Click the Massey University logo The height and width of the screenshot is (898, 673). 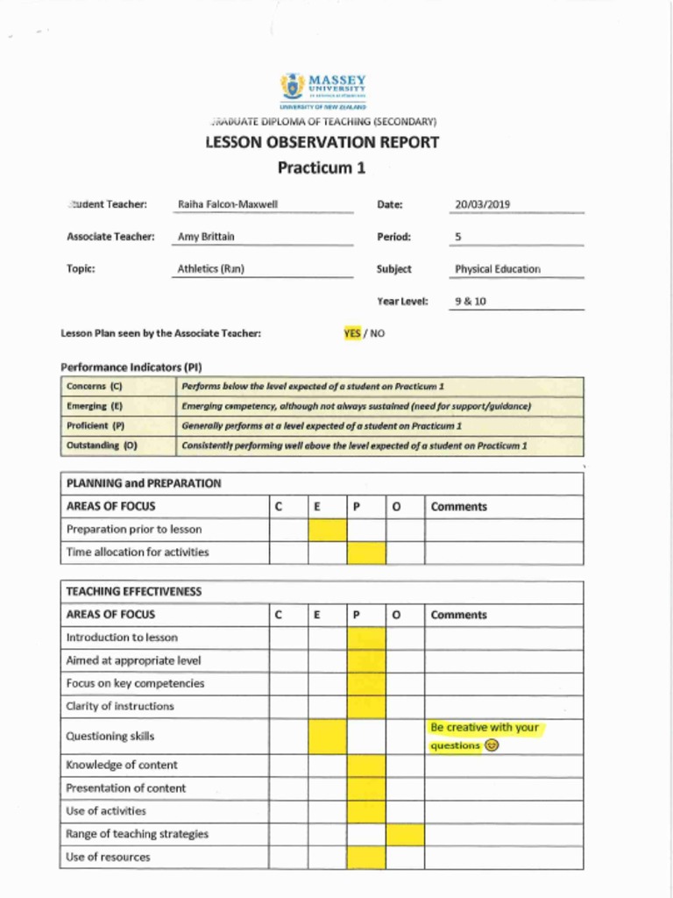point(323,89)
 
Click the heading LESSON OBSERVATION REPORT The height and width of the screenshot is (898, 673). point(322,142)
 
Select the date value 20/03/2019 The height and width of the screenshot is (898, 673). point(482,205)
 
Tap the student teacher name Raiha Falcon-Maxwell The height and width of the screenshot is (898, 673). point(227,204)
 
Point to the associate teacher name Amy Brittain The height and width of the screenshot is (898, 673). point(206,237)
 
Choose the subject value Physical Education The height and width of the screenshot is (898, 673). point(497,269)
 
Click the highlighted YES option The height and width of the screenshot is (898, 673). point(352,333)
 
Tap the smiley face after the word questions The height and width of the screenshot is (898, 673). point(492,746)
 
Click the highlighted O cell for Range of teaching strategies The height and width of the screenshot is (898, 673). point(405,834)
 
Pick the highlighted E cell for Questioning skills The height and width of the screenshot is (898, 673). point(328,737)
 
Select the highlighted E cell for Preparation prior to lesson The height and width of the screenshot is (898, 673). point(328,530)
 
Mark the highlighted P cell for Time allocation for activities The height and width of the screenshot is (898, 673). point(366,552)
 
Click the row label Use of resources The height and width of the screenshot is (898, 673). point(108,857)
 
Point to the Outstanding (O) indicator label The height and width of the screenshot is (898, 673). point(102,445)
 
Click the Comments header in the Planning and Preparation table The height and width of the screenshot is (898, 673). point(458,507)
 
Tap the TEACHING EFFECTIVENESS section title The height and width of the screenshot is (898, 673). point(133,592)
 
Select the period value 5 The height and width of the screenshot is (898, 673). point(458,237)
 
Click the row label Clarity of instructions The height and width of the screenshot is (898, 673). point(120,706)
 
